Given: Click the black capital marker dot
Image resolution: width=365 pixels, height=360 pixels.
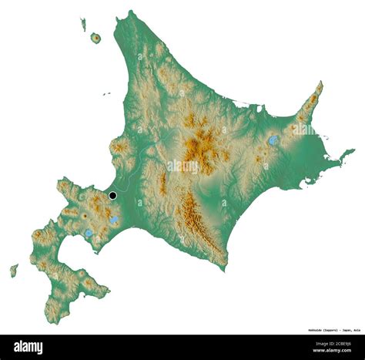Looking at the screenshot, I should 113,196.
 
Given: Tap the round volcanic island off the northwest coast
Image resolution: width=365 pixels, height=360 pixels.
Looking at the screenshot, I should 95,38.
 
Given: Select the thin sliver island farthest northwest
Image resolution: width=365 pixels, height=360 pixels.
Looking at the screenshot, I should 82,24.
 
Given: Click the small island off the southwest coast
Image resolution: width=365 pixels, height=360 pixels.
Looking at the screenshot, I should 14,271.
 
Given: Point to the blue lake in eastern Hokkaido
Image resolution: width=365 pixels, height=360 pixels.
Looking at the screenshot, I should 273,140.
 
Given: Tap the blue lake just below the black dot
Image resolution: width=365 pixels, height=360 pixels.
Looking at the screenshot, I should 114,220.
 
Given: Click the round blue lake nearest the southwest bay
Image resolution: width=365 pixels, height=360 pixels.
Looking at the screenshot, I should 89,232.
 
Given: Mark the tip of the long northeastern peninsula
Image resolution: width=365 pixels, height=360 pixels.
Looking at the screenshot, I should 320,82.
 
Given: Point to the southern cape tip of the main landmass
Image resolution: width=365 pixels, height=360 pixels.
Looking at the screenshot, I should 225,269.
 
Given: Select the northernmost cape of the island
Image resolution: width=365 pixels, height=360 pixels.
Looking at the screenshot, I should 131,12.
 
